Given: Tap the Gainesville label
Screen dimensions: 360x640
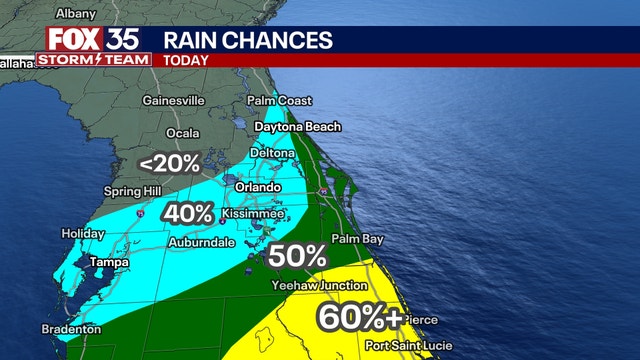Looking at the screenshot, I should (173, 101).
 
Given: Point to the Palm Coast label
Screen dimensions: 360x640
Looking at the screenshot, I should (280, 101).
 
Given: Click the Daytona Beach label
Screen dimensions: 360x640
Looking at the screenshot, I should (297, 127).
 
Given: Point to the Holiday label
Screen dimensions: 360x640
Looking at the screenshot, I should (82, 233).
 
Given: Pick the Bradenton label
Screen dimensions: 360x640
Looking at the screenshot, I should (71, 329).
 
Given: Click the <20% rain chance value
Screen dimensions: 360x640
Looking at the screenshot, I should (169, 163).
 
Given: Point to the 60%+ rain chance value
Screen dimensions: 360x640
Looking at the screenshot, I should (360, 318).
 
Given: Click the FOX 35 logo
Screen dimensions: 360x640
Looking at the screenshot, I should (92, 40).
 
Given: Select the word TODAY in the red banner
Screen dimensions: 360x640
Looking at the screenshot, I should (186, 59).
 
